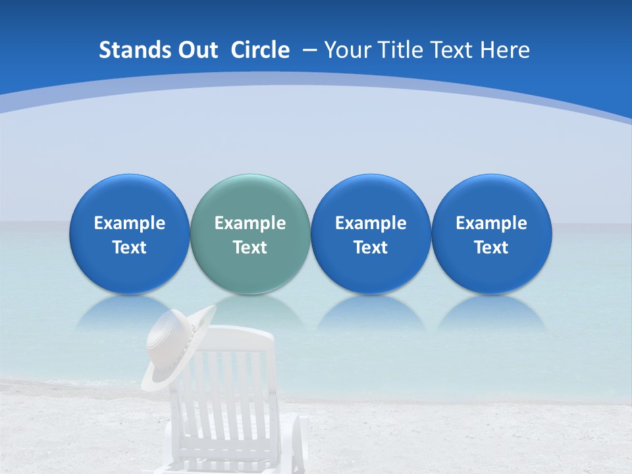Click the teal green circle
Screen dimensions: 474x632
(250, 234)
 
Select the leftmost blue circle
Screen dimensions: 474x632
(129, 234)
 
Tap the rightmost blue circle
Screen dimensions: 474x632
(491, 234)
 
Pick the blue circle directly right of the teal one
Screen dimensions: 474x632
(371, 234)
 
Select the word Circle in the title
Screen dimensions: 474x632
(260, 50)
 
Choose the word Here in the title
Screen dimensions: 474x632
(506, 50)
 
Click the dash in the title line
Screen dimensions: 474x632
(309, 51)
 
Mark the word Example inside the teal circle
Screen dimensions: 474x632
(250, 223)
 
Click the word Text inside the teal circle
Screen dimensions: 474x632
(250, 248)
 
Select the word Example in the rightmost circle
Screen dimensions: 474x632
(491, 223)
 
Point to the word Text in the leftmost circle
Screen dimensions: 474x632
(129, 248)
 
